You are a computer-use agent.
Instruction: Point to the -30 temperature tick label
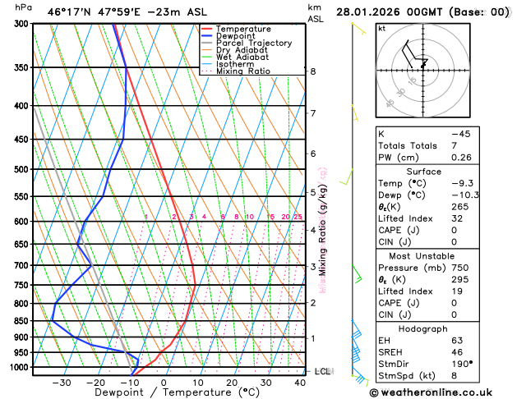pyautogui.click(x=61, y=383)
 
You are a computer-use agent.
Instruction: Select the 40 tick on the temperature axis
pyautogui.click(x=299, y=383)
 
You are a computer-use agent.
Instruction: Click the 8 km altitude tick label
pyautogui.click(x=312, y=71)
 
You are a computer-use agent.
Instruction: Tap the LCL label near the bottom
pyautogui.click(x=322, y=371)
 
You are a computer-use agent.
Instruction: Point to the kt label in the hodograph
pyautogui.click(x=381, y=29)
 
